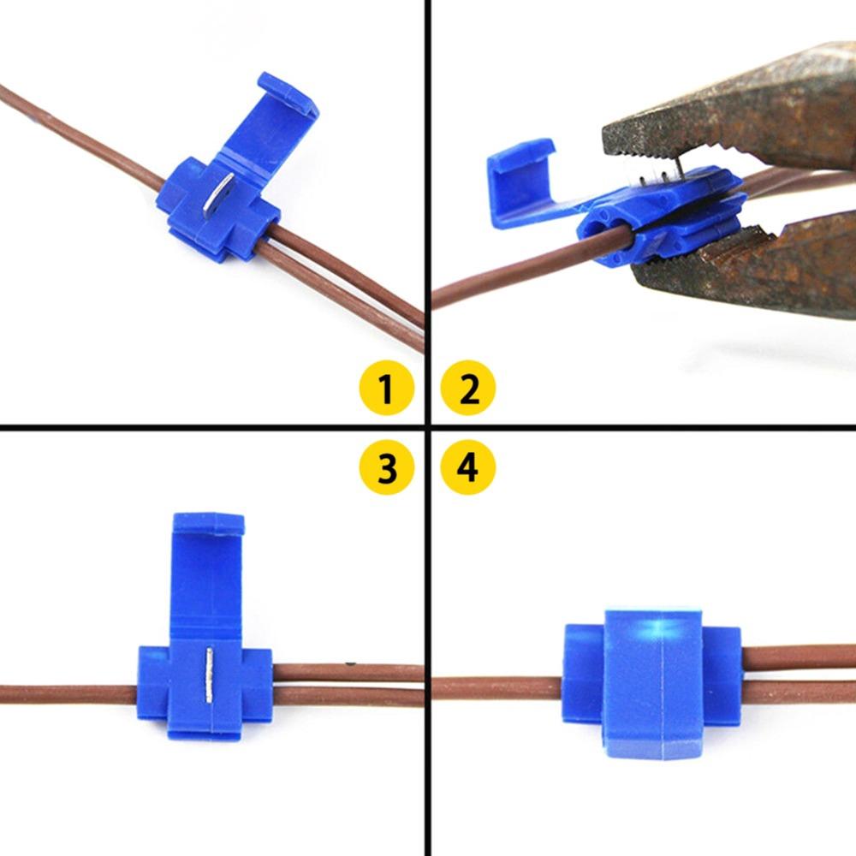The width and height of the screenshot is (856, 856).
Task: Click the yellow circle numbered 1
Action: (x=385, y=389)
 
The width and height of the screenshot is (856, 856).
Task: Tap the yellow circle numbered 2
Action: (x=468, y=389)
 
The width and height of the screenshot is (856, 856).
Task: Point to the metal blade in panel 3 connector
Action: (x=208, y=676)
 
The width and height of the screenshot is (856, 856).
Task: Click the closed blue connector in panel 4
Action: (x=651, y=685)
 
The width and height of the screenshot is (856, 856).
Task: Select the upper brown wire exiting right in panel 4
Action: (x=796, y=657)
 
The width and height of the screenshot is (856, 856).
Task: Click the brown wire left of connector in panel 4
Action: (x=496, y=687)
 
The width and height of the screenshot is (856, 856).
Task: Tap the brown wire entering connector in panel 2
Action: (x=514, y=274)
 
